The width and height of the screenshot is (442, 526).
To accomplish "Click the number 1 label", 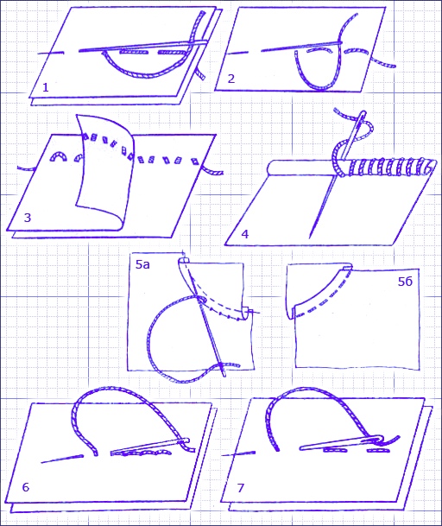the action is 46,87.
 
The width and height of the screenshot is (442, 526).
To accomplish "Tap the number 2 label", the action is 231,79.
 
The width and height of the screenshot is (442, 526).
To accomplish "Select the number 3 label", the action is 28,218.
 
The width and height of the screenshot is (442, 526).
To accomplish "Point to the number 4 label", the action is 245,234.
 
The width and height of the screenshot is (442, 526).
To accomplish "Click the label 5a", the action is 142,264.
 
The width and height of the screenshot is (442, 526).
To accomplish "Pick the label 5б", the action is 405,281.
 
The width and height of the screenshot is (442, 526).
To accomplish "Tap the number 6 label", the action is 26,487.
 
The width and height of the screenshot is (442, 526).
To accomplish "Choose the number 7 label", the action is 241,488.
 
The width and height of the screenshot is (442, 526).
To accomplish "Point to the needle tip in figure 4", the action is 310,238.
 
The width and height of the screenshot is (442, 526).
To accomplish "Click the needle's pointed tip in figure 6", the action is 41,463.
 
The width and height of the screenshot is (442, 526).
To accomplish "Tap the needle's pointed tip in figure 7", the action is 223,455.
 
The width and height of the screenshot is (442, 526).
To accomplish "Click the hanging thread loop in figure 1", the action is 144,76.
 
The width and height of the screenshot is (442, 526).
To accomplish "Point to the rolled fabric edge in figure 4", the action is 302,167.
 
